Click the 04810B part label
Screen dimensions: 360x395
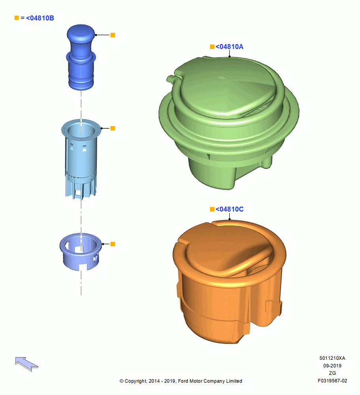click(x=40, y=18)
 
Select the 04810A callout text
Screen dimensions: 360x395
click(x=229, y=47)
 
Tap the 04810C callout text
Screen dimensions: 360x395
click(x=229, y=209)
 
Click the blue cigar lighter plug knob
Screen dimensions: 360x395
click(x=81, y=57)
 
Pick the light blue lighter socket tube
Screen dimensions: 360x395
click(x=81, y=159)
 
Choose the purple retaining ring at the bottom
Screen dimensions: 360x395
click(x=81, y=252)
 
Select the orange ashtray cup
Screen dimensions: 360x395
click(x=229, y=281)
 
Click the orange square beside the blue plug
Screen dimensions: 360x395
click(x=113, y=35)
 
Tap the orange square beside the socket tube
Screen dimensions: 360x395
click(x=113, y=128)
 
